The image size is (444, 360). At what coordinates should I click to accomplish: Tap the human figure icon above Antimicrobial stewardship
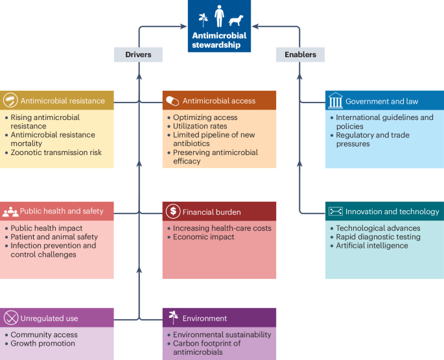pos(219,16)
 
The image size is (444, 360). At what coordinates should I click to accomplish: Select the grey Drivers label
pos(138,55)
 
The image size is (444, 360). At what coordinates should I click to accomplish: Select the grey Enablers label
pos(300,55)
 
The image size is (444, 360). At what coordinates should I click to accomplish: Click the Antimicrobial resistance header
pos(62,101)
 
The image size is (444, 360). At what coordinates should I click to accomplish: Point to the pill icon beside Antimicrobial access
pos(172,101)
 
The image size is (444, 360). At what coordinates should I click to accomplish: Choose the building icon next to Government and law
pos(335,101)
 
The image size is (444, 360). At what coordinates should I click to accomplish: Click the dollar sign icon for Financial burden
pos(173,211)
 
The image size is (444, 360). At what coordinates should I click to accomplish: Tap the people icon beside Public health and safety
pos(10,211)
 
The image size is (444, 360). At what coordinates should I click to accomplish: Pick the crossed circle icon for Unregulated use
pos(10,318)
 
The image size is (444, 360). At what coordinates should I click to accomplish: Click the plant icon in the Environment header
pos(173,318)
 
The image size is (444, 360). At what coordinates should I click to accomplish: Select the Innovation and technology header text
pos(392,211)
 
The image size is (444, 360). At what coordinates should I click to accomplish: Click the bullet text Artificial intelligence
pos(371,246)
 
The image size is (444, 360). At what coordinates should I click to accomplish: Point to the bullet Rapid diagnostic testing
pos(378,237)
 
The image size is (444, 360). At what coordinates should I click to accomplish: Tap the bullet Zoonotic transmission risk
pos(56,152)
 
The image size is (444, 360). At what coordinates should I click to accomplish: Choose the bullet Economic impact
pos(204,237)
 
